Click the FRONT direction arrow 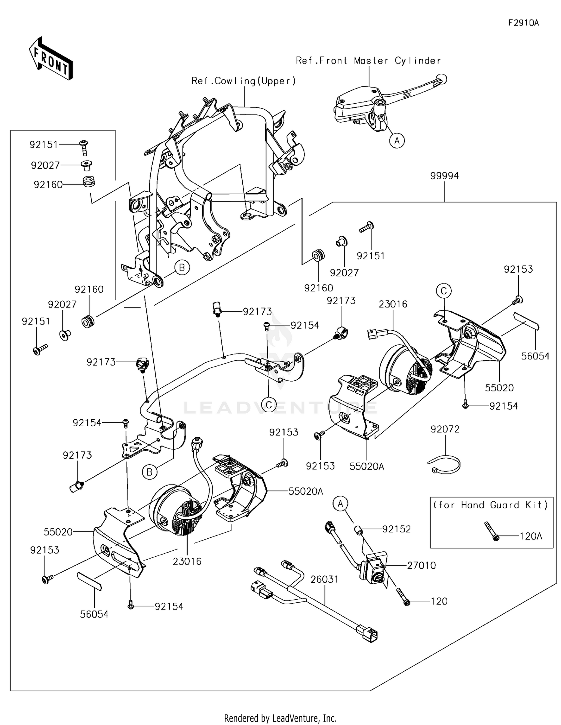(50, 58)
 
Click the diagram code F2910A (523, 23)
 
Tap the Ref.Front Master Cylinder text (368, 61)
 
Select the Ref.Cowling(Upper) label (243, 81)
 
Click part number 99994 (444, 176)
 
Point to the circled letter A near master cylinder (397, 141)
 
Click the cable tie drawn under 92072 (444, 464)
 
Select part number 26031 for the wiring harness (324, 579)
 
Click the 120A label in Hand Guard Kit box (531, 536)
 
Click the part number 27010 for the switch (421, 565)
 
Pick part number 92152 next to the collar (396, 529)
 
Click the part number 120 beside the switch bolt (439, 601)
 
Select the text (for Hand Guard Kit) (491, 505)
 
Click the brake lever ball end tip (442, 79)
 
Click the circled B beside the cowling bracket (182, 267)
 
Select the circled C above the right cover (444, 291)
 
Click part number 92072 (445, 429)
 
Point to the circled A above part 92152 (340, 504)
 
